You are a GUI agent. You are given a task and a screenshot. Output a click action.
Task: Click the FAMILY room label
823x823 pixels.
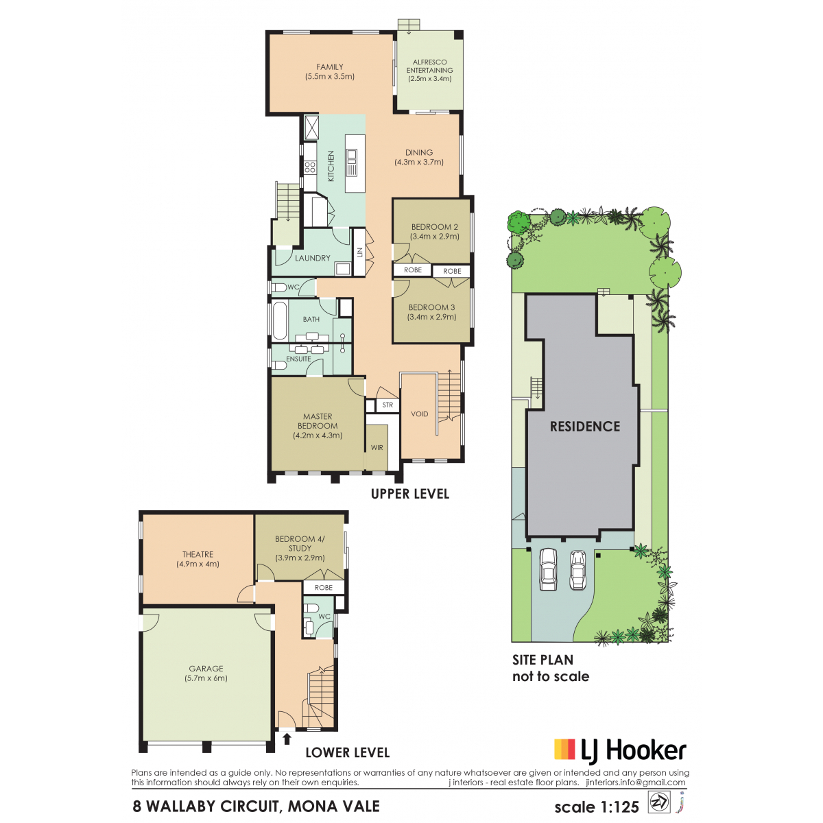(329, 67)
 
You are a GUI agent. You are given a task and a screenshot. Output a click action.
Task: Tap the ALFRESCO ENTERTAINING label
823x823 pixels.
(429, 67)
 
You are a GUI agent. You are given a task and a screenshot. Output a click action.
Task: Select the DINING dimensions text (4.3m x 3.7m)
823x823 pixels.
(418, 163)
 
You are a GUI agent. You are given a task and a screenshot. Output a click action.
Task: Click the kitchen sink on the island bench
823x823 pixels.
(352, 156)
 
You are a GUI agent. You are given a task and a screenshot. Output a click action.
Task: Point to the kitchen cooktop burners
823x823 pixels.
(310, 167)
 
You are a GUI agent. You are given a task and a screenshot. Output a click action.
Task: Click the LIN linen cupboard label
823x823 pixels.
(359, 252)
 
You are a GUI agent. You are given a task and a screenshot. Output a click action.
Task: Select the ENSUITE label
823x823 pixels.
(298, 359)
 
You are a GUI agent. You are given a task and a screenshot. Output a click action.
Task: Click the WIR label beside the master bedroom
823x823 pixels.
(377, 448)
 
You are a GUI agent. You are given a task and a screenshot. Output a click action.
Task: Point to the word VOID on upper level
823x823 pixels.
(420, 414)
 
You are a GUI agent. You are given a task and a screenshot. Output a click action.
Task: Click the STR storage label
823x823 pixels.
(387, 405)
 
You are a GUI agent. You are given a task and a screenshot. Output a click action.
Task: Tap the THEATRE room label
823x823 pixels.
(198, 554)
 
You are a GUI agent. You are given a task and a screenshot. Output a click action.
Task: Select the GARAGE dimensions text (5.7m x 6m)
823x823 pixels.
(206, 678)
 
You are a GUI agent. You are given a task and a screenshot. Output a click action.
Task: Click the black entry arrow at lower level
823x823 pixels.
(287, 739)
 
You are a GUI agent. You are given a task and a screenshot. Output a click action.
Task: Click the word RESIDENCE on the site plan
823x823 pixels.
(585, 426)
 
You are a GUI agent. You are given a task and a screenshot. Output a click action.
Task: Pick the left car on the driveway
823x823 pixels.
(548, 569)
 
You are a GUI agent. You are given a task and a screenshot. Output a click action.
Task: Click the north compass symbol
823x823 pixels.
(658, 802)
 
